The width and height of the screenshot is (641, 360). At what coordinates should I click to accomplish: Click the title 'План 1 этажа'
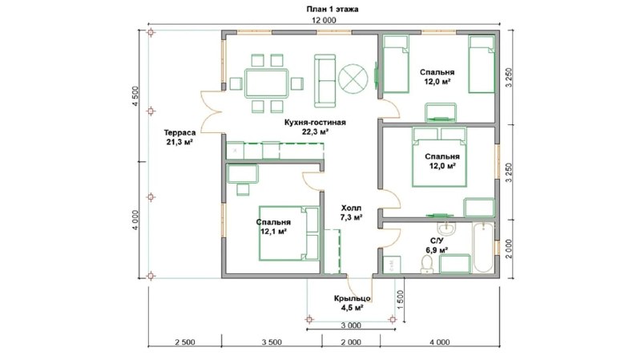pyautogui.click(x=332, y=9)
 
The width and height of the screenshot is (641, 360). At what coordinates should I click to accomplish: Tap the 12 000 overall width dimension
pyautogui.click(x=324, y=20)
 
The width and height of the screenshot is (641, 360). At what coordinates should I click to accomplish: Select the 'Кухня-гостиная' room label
pyautogui.click(x=315, y=123)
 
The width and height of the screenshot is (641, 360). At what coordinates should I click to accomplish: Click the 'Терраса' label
pyautogui.click(x=179, y=132)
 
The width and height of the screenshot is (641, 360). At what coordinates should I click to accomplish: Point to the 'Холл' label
pyautogui.click(x=352, y=208)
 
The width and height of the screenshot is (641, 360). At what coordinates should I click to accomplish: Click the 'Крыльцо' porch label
pyautogui.click(x=352, y=298)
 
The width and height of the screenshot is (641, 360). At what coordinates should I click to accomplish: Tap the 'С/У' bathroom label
pyautogui.click(x=437, y=241)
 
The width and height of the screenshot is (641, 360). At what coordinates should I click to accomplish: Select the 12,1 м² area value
pyautogui.click(x=272, y=232)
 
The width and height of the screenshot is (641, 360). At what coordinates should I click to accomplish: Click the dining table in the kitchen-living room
pyautogui.click(x=267, y=83)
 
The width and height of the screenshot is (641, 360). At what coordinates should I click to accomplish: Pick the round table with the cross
pyautogui.click(x=353, y=79)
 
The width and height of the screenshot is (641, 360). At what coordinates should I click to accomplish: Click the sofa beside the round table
pyautogui.click(x=325, y=81)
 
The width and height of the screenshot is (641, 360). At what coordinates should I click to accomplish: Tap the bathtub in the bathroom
pyautogui.click(x=483, y=248)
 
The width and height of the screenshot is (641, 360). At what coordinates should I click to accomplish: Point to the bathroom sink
pyautogui.click(x=447, y=229)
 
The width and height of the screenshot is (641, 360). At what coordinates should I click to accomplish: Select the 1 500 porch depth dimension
pyautogui.click(x=400, y=299)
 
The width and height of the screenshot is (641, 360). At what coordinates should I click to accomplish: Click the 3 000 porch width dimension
pyautogui.click(x=351, y=326)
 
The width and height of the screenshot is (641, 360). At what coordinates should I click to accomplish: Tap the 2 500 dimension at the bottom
pyautogui.click(x=185, y=342)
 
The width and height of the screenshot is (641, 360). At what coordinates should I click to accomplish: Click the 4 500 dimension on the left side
pyautogui.click(x=135, y=96)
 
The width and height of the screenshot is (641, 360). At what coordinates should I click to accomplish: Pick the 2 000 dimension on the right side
pyautogui.click(x=509, y=249)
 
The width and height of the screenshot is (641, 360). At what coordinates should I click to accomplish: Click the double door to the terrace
pyautogui.click(x=212, y=111)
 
